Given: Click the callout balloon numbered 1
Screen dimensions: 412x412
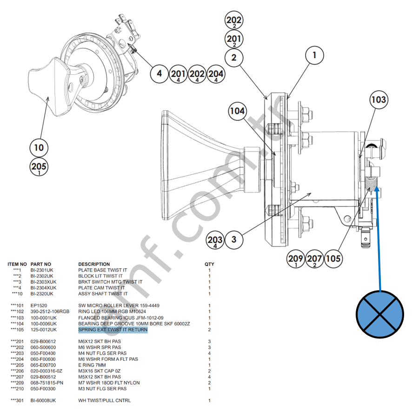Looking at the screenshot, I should [x=314, y=55].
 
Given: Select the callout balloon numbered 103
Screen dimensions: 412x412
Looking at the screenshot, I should [x=379, y=100].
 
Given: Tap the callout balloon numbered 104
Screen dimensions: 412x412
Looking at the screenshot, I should [x=237, y=112].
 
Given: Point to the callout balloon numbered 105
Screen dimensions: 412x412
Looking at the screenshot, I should [x=333, y=259].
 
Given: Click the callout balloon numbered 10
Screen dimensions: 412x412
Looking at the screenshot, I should [x=39, y=148].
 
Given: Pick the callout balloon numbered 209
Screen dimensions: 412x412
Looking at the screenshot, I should [x=296, y=259].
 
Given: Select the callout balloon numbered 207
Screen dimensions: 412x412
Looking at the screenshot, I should [x=314, y=259].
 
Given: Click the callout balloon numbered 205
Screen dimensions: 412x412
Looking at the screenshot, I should [x=39, y=167].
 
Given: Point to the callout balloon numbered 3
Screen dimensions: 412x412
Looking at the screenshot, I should [x=234, y=240].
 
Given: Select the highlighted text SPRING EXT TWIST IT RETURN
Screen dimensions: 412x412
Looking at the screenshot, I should [x=113, y=330].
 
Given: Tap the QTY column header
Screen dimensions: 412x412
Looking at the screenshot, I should [x=209, y=264].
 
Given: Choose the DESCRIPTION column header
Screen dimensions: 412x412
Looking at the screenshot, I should [x=94, y=264].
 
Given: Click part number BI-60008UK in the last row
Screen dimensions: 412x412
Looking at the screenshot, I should [x=43, y=400].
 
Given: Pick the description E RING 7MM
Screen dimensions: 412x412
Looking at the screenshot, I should [x=92, y=365].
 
